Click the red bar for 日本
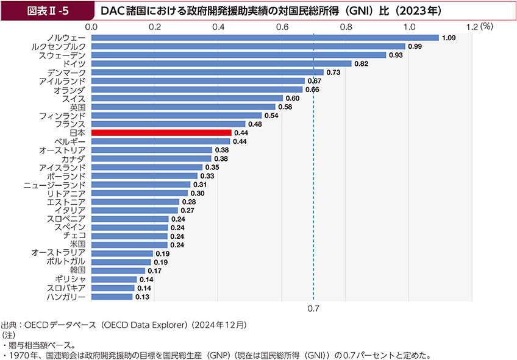click(x=161, y=132)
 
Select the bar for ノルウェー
click(x=265, y=38)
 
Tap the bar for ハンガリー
click(x=112, y=297)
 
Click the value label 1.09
click(x=449, y=38)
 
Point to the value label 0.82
click(x=362, y=63)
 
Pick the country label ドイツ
click(x=74, y=63)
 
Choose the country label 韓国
click(x=77, y=270)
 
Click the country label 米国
click(x=77, y=244)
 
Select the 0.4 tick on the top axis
click(x=218, y=26)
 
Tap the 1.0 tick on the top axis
click(x=409, y=26)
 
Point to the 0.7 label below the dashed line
click(x=313, y=309)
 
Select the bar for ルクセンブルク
click(x=248, y=46)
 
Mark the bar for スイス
click(x=187, y=98)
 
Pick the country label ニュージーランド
click(x=54, y=184)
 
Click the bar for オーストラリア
click(x=121, y=253)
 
